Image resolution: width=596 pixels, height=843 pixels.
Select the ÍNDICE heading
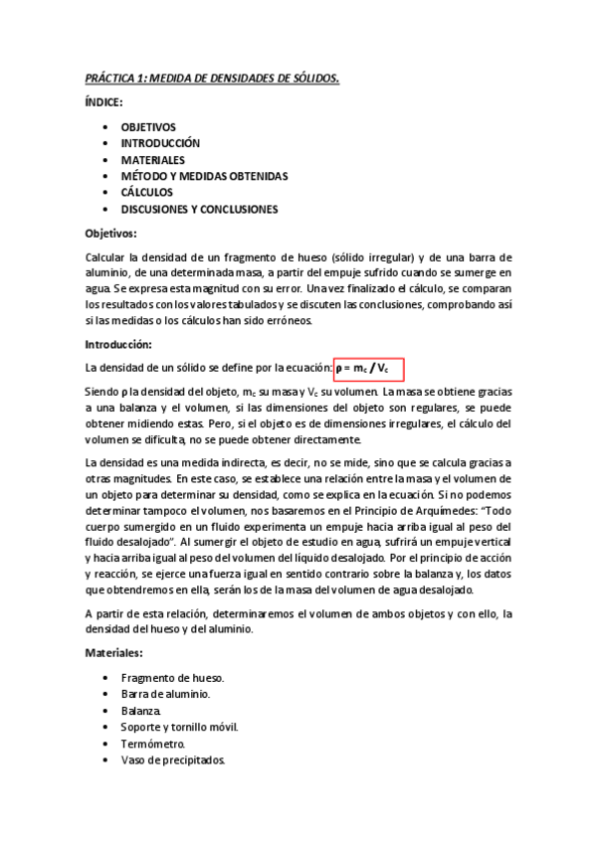[104, 102]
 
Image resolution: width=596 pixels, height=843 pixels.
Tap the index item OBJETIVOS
[148, 127]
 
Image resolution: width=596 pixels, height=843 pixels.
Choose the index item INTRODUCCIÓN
[160, 143]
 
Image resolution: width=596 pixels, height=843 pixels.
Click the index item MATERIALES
[152, 159]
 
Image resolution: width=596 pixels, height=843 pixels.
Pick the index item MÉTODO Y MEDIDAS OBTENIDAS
[204, 176]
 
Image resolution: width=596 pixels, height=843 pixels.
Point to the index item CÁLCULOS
[146, 192]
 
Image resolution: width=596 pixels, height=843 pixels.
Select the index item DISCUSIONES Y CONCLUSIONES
[199, 209]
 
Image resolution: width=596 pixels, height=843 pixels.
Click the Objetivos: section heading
[110, 234]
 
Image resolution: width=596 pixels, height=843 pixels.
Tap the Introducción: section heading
[117, 344]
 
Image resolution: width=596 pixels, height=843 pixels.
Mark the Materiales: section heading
[114, 652]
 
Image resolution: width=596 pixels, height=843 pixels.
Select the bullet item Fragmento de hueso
[165, 677]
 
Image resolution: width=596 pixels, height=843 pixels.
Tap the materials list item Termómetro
[152, 744]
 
